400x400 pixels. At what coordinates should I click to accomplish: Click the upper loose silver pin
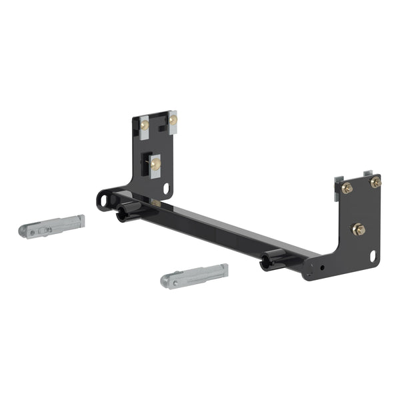click(52, 226)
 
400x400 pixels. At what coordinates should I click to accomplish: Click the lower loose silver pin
click(195, 275)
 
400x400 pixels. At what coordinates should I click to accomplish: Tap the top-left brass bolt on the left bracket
click(145, 125)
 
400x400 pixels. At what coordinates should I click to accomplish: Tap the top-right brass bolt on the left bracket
click(173, 119)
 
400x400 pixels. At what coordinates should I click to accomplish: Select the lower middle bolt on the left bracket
click(155, 164)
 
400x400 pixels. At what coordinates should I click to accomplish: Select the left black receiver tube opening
click(121, 215)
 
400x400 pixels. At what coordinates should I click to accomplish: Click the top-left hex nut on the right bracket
click(347, 188)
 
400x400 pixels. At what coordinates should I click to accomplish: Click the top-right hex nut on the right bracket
click(376, 181)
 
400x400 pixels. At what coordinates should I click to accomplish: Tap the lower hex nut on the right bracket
click(358, 230)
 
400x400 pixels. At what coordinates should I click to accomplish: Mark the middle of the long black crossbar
click(220, 230)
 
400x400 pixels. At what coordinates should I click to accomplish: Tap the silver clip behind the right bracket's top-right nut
click(369, 175)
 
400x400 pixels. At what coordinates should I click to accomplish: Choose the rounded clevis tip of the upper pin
click(25, 232)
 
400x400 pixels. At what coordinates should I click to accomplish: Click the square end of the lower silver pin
click(223, 269)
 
